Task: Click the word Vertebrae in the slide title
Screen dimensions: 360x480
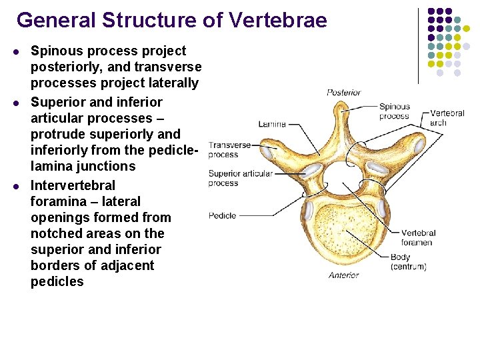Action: point(277,21)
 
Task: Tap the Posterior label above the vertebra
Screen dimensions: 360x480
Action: point(343,93)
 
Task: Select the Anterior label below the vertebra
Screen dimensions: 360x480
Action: point(343,275)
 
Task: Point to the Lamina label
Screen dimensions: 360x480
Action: point(272,124)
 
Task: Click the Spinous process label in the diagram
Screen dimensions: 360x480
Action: point(394,111)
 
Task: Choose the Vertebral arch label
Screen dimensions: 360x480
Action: point(447,118)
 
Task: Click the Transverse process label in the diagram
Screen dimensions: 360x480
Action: point(229,149)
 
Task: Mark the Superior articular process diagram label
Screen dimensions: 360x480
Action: point(239,178)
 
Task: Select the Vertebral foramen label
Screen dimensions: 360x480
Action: point(418,237)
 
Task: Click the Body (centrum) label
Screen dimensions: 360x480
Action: point(408,262)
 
